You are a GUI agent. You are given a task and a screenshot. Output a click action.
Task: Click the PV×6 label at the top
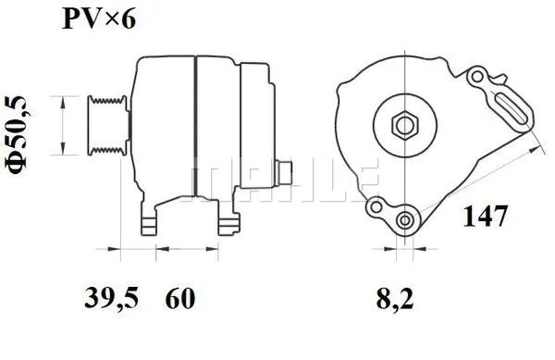[99, 19]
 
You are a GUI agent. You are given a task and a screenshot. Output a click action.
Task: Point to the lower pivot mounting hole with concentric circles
[404, 220]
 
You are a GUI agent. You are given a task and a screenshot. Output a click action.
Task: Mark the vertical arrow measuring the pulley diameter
[61, 125]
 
